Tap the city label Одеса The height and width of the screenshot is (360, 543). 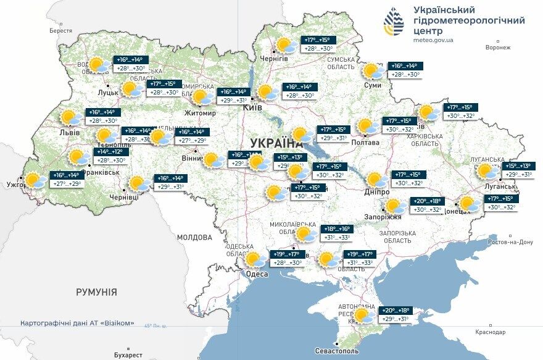click(257, 274)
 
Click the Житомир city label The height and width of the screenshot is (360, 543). click(201, 113)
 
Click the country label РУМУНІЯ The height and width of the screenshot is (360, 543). click(96, 292)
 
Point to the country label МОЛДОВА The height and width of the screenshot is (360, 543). click(194, 237)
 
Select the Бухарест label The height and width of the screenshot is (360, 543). click(128, 355)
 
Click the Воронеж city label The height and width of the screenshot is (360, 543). click(498, 48)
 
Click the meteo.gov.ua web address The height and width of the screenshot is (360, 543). click(434, 40)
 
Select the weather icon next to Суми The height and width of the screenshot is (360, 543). click(373, 71)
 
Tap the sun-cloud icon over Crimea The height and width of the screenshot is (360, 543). click(363, 316)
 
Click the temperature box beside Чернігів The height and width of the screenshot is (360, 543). click(318, 44)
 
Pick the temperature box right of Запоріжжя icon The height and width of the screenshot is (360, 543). click(427, 205)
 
